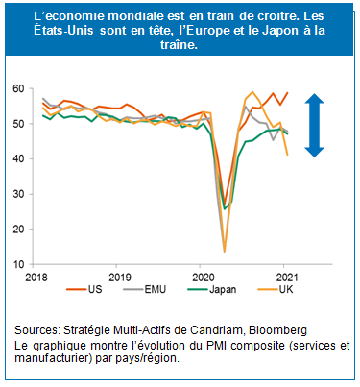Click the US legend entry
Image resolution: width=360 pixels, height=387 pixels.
[95, 287]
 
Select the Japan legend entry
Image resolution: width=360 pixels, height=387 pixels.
[225, 287]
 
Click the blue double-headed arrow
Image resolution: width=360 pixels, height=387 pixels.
[314, 124]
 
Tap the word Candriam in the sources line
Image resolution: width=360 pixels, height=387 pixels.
[195, 329]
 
